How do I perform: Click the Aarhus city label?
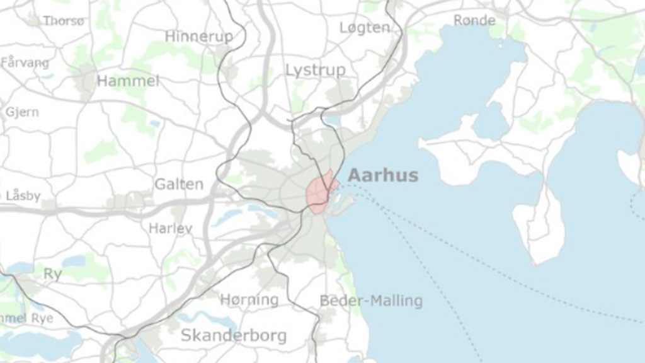tap(383, 175)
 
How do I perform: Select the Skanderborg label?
tap(233, 335)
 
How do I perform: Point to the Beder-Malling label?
tap(371, 301)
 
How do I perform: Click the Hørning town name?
tap(249, 300)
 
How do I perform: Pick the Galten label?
tap(179, 184)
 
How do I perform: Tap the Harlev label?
tap(170, 228)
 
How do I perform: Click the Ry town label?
tap(52, 274)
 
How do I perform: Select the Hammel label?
tap(128, 81)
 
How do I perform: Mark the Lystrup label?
tap(315, 70)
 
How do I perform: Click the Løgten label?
tap(365, 27)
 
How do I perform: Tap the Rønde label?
tap(474, 20)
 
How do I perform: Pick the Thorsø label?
tap(63, 21)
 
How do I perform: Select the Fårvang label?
tap(25, 62)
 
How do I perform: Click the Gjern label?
tap(22, 112)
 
